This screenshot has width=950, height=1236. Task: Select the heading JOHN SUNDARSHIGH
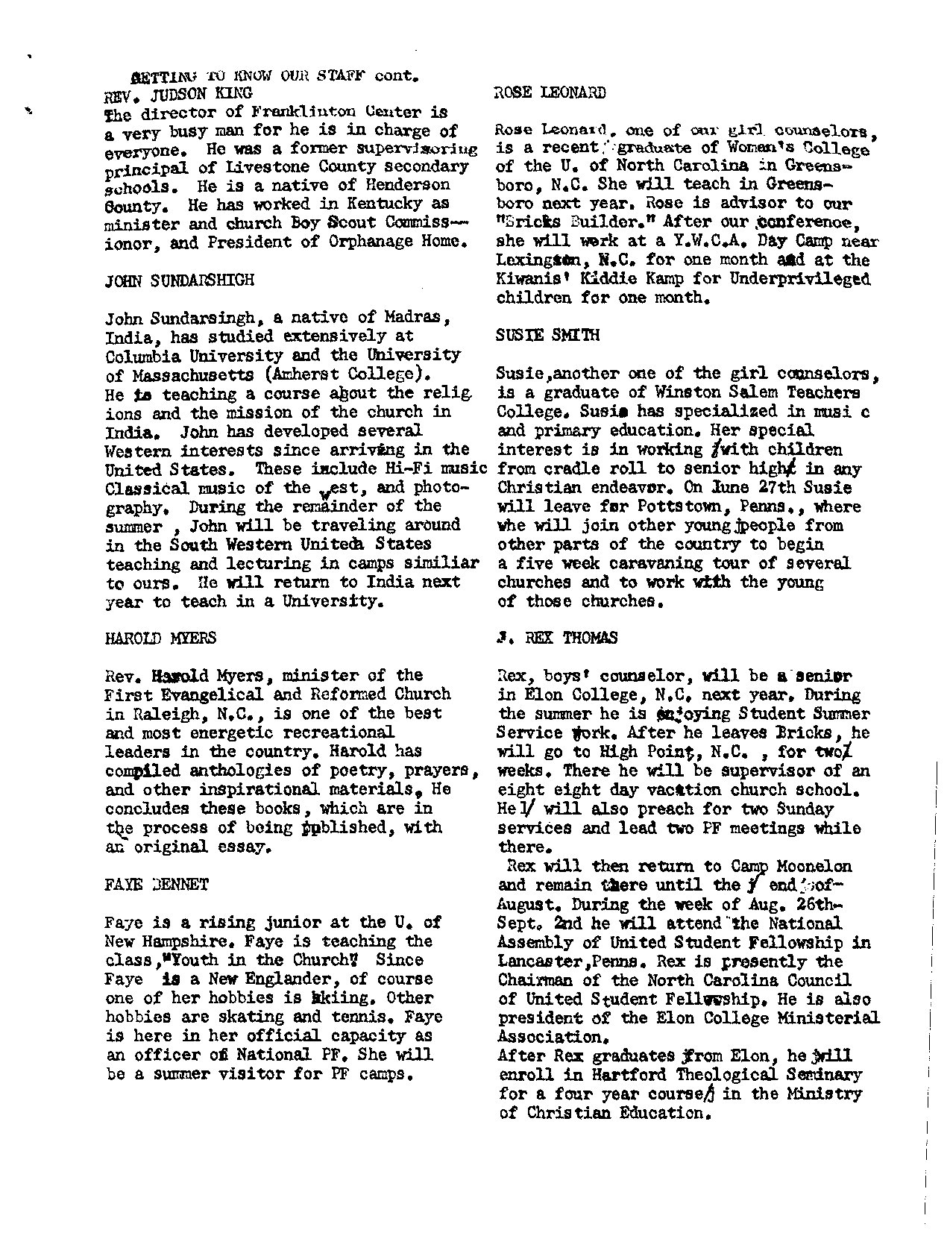[x=179, y=280]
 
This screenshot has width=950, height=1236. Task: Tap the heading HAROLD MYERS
[x=161, y=638]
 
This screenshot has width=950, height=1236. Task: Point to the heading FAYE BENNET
[x=157, y=885]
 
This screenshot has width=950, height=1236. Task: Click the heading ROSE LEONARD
[x=550, y=92]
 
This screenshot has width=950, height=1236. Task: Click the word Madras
[x=417, y=318]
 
